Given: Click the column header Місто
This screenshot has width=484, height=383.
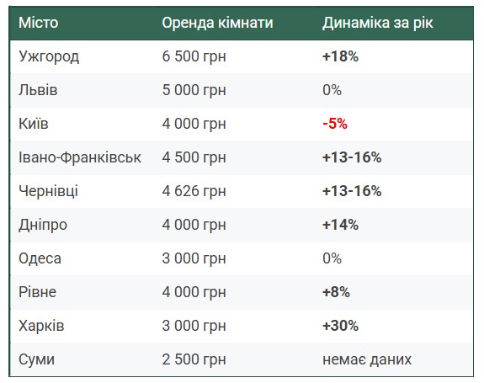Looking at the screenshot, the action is point(38,23).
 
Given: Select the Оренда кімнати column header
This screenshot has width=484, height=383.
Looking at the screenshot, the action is point(218,23).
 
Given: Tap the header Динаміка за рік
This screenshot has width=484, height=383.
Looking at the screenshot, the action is point(378,23).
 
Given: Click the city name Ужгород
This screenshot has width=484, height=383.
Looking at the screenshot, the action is point(49,56).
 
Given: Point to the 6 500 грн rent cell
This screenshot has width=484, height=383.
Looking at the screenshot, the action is point(194,56).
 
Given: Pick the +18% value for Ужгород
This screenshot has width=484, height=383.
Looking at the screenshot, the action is point(340,56).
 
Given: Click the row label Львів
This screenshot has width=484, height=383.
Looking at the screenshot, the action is point(38,90).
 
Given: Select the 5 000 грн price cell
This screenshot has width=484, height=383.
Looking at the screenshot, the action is point(194,90).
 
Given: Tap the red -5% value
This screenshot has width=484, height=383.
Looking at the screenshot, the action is point(335,124).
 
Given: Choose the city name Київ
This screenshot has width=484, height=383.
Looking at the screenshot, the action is point(34,124).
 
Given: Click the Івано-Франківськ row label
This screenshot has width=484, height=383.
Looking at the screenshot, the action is point(80,157).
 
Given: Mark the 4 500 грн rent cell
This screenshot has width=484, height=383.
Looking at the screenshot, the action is point(194,157).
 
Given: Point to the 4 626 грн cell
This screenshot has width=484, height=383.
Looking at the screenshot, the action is point(194,191).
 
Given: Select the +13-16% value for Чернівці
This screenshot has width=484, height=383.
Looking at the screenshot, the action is point(352,191).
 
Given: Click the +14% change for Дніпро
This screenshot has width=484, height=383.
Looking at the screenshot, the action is point(340,225).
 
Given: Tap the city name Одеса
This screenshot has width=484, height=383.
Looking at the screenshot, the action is point(40,258).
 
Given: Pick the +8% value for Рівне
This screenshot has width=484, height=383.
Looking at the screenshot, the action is point(336,292).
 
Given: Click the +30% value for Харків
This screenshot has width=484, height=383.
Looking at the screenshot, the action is point(340,326).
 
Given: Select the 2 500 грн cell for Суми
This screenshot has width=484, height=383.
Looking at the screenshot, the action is point(194,359).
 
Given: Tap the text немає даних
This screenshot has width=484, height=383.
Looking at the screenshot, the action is point(367,359).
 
